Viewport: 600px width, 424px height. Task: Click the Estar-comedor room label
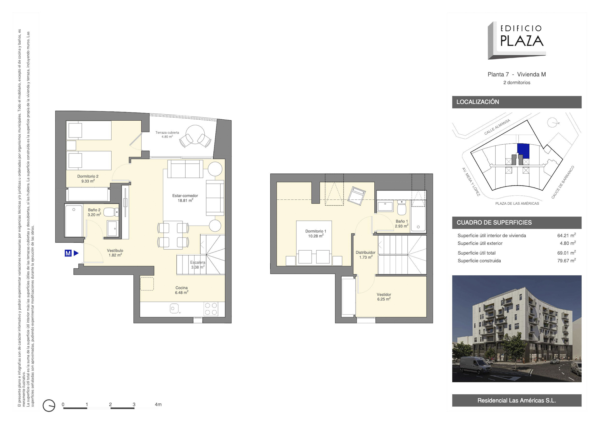click(x=185, y=198)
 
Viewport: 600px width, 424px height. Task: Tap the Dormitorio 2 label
click(x=88, y=179)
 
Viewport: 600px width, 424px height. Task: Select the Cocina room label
click(x=182, y=290)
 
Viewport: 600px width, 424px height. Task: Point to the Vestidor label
click(x=384, y=297)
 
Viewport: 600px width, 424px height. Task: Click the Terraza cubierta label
click(x=167, y=134)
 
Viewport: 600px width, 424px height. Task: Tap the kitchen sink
click(x=174, y=308)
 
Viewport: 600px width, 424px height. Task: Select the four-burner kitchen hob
click(x=211, y=309)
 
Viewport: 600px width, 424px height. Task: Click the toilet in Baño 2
click(x=111, y=212)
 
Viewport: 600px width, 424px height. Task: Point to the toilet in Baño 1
click(x=402, y=208)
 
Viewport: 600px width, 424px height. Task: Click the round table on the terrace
click(x=195, y=134)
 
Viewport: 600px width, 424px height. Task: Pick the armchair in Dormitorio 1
click(x=357, y=196)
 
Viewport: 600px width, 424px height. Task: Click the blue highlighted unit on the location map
click(x=523, y=151)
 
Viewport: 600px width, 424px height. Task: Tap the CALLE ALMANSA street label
click(x=497, y=127)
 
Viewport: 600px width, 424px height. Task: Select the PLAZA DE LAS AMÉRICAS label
click(x=517, y=203)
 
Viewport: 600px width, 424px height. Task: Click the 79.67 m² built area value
click(x=566, y=260)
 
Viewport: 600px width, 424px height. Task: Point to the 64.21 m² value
click(x=566, y=235)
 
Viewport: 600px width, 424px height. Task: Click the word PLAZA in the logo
click(x=522, y=41)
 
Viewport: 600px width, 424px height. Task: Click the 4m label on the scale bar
click(x=158, y=404)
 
